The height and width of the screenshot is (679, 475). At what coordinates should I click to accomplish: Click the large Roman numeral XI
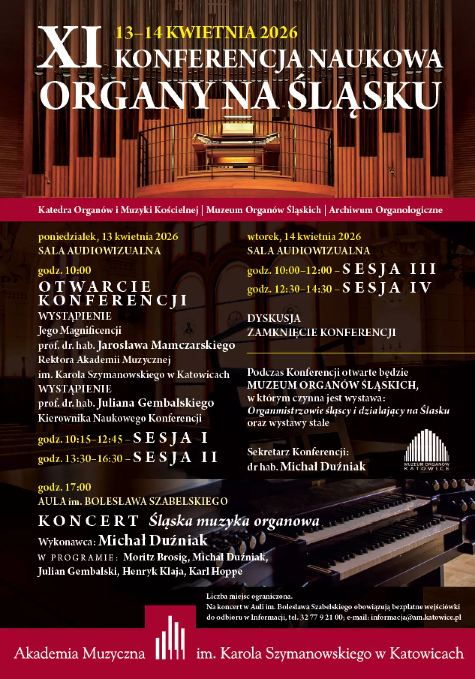point(70,48)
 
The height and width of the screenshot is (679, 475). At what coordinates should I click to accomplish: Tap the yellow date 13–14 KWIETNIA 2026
point(207,33)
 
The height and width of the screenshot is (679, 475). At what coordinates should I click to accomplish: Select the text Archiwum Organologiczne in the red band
point(385,210)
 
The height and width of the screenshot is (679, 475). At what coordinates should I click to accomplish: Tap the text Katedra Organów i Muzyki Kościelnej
point(118,210)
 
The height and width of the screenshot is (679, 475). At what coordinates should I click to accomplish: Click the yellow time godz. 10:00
point(65,270)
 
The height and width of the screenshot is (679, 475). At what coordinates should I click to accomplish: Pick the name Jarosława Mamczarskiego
point(166,345)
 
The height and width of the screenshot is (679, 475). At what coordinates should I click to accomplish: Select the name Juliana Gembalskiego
point(156,403)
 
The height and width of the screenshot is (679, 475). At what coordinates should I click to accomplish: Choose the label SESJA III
point(389,269)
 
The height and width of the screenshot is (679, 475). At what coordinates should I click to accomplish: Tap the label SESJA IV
point(387,288)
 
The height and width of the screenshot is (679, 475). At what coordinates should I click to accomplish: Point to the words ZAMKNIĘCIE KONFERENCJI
point(321,332)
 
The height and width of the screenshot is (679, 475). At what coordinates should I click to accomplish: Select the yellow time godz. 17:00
point(65,487)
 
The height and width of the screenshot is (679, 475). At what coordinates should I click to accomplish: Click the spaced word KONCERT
point(89,521)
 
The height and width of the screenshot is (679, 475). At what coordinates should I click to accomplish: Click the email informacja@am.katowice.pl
point(416,617)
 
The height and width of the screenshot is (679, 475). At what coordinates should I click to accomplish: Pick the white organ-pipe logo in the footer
point(170,638)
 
